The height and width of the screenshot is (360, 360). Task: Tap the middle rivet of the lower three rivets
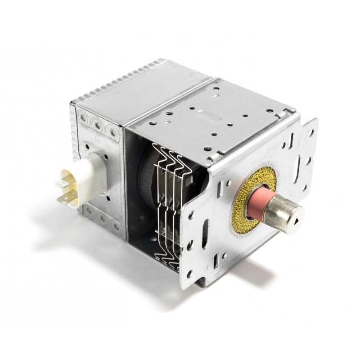click(x=102, y=219)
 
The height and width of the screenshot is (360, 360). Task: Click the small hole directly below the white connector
click(x=108, y=197)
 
